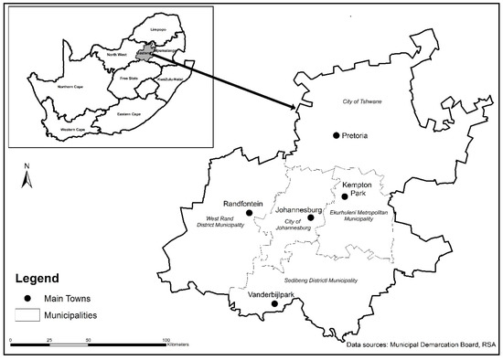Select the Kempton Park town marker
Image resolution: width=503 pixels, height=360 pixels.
[345, 196]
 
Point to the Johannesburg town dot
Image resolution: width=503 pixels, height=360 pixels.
[311, 217]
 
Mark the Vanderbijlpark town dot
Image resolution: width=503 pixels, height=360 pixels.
[274, 305]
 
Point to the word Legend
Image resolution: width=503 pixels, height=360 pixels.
[36, 278]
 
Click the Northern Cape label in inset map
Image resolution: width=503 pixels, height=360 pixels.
[71, 87]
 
